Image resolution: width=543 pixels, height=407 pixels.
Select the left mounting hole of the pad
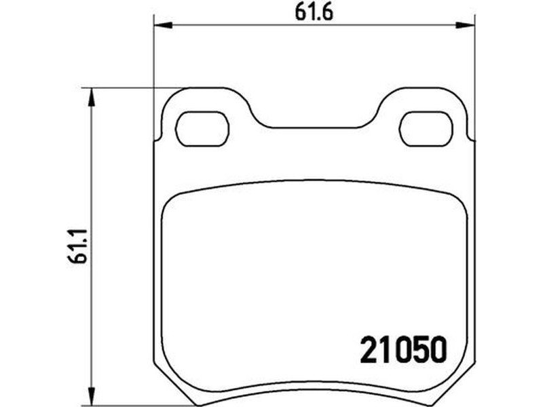click(x=202, y=129)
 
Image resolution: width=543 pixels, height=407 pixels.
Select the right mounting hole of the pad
click(x=426, y=129)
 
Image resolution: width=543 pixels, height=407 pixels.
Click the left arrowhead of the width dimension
click(x=163, y=25)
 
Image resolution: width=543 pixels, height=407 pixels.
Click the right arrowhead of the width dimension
click(x=466, y=25)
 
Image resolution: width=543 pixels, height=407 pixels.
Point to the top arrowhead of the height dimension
click(x=91, y=98)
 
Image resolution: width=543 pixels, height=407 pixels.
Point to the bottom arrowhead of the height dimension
click(x=91, y=394)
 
